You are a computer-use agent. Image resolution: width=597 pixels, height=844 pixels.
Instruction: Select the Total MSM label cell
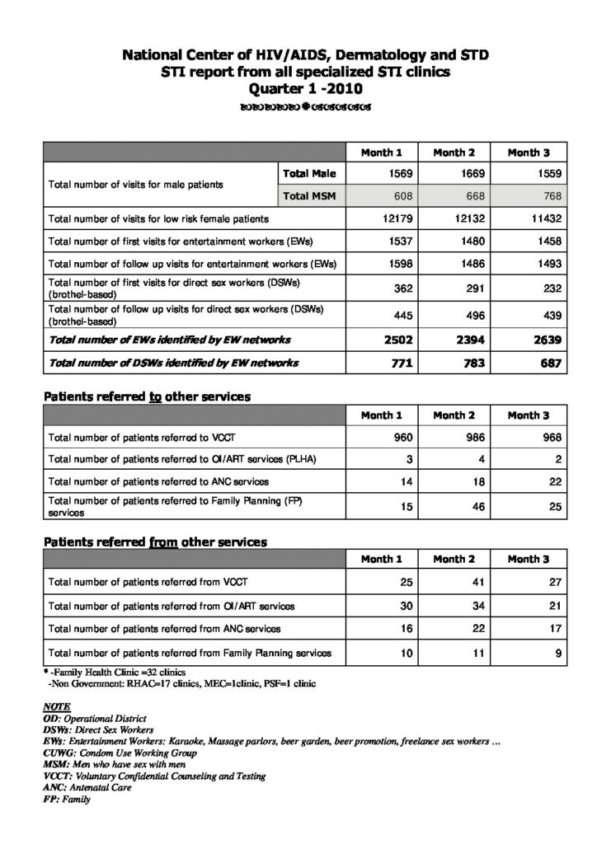(x=308, y=196)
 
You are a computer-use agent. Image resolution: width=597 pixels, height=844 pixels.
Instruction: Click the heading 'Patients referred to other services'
(x=147, y=396)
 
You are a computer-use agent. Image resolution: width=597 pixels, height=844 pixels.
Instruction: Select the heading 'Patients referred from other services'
(x=155, y=542)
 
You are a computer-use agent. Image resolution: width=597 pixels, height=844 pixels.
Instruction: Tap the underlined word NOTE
(x=55, y=707)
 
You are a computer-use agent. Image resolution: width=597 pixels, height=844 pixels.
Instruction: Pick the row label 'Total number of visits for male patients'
(x=136, y=185)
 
